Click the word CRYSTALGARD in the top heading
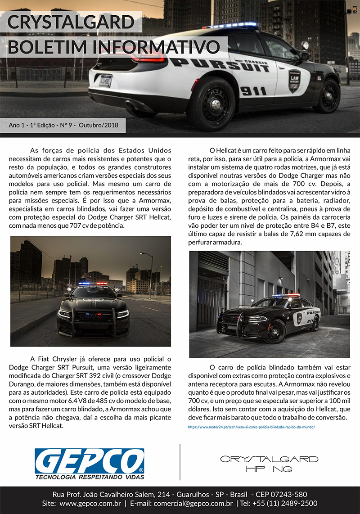71,23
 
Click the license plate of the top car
106,81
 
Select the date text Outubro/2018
98,125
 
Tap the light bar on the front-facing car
93,284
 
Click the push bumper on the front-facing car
93,320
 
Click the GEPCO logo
89,462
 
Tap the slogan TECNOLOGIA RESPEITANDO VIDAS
90,476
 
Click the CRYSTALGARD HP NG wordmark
269,464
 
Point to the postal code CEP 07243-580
281,494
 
